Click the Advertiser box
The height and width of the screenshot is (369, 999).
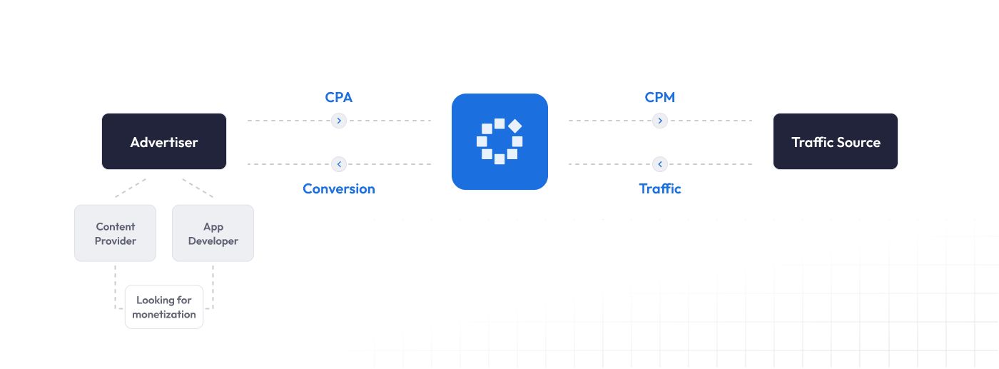pos(164,141)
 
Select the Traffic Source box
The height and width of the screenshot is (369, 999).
pos(836,141)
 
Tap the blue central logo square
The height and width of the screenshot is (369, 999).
pos(499,141)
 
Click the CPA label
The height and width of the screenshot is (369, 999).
pos(339,97)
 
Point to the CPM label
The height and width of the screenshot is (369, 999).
pos(660,97)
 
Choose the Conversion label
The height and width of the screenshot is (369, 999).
pos(339,188)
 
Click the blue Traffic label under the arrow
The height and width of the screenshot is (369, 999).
pos(660,188)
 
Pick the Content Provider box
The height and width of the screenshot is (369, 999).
pos(115,233)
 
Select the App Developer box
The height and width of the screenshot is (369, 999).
pos(213,233)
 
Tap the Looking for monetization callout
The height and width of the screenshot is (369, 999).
pos(164,307)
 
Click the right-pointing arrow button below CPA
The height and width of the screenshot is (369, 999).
pos(339,121)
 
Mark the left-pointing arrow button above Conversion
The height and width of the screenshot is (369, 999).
pos(339,164)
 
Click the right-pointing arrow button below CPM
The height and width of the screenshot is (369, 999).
pos(660,121)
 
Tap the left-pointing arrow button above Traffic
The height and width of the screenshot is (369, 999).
pos(660,164)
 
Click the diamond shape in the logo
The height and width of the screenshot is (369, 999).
pos(515,126)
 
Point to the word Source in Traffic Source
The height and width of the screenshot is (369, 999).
pos(859,142)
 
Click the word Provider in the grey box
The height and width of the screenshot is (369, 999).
pos(116,241)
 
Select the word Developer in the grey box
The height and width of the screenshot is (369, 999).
pos(213,241)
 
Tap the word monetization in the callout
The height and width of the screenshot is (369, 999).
pos(164,315)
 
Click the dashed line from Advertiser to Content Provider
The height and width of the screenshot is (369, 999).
pos(130,188)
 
